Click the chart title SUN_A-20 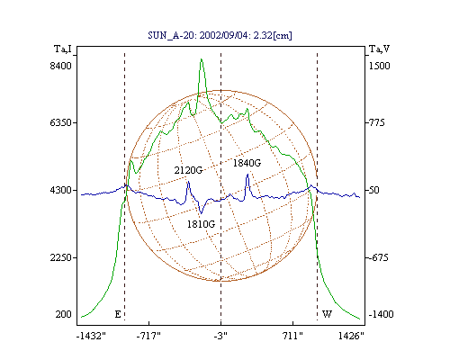pos(170,35)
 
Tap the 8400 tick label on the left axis pos(60,66)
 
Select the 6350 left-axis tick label pos(60,122)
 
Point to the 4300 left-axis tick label pos(60,190)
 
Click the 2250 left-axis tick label pos(60,257)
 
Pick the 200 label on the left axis pos(63,314)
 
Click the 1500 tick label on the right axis pos(379,66)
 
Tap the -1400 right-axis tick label pos(381,314)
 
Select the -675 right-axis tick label pos(379,257)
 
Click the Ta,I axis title pos(63,49)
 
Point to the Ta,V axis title pos(379,49)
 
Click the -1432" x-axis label pos(91,336)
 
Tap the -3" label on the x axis pos(220,336)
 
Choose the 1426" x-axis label pos(351,336)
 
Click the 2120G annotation pos(188,170)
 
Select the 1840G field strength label pos(247,163)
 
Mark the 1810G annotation pos(201,224)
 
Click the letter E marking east pos(118,314)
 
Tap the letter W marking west pos(327,314)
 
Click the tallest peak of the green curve pos(202,59)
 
